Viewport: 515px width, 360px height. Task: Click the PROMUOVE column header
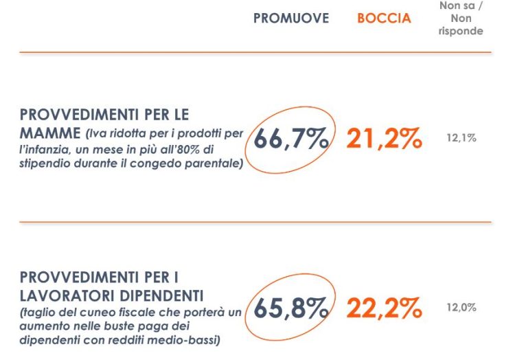pyautogui.click(x=291, y=19)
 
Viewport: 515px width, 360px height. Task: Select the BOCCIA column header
pyautogui.click(x=384, y=19)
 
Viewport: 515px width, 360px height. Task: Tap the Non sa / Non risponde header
pyautogui.click(x=461, y=19)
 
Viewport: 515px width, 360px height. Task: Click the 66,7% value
pyautogui.click(x=291, y=139)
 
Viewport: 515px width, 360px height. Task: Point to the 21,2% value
pyautogui.click(x=384, y=139)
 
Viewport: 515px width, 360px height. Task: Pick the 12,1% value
pyautogui.click(x=461, y=138)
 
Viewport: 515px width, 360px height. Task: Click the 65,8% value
pyautogui.click(x=291, y=308)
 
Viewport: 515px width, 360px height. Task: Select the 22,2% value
pyautogui.click(x=384, y=308)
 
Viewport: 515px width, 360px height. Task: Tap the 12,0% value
pyautogui.click(x=461, y=308)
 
